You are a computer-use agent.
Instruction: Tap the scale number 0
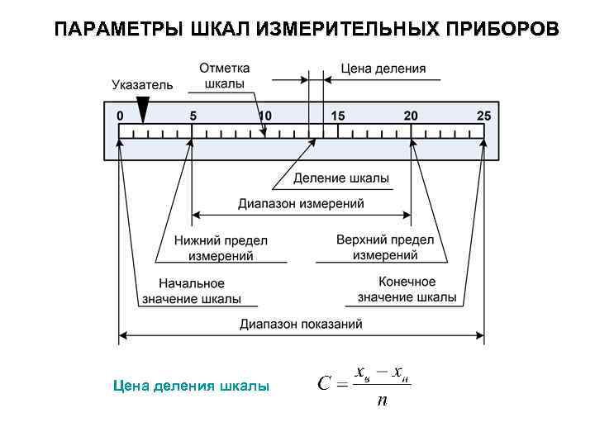coord(121,116)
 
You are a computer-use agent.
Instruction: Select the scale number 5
coord(193,116)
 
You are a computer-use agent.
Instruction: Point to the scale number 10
coord(264,116)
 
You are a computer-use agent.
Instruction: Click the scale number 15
coord(337,116)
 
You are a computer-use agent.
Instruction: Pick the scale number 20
coord(411,116)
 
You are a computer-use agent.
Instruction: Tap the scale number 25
coord(483,116)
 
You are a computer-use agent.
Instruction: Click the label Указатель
coord(142,84)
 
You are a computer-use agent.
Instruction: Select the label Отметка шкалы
coord(224,76)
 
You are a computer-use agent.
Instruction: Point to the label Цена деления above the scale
coord(384,69)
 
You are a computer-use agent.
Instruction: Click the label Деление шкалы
coord(341,178)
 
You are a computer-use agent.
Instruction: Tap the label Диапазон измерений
coord(301,203)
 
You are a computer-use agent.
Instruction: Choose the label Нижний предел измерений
coord(221,248)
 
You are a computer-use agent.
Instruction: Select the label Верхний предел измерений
coord(385,247)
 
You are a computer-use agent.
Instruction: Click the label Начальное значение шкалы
coord(192,291)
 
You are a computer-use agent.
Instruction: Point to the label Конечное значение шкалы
coord(407,290)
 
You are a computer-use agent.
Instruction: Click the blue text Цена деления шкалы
coord(191,385)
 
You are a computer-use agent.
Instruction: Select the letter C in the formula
coord(325,383)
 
